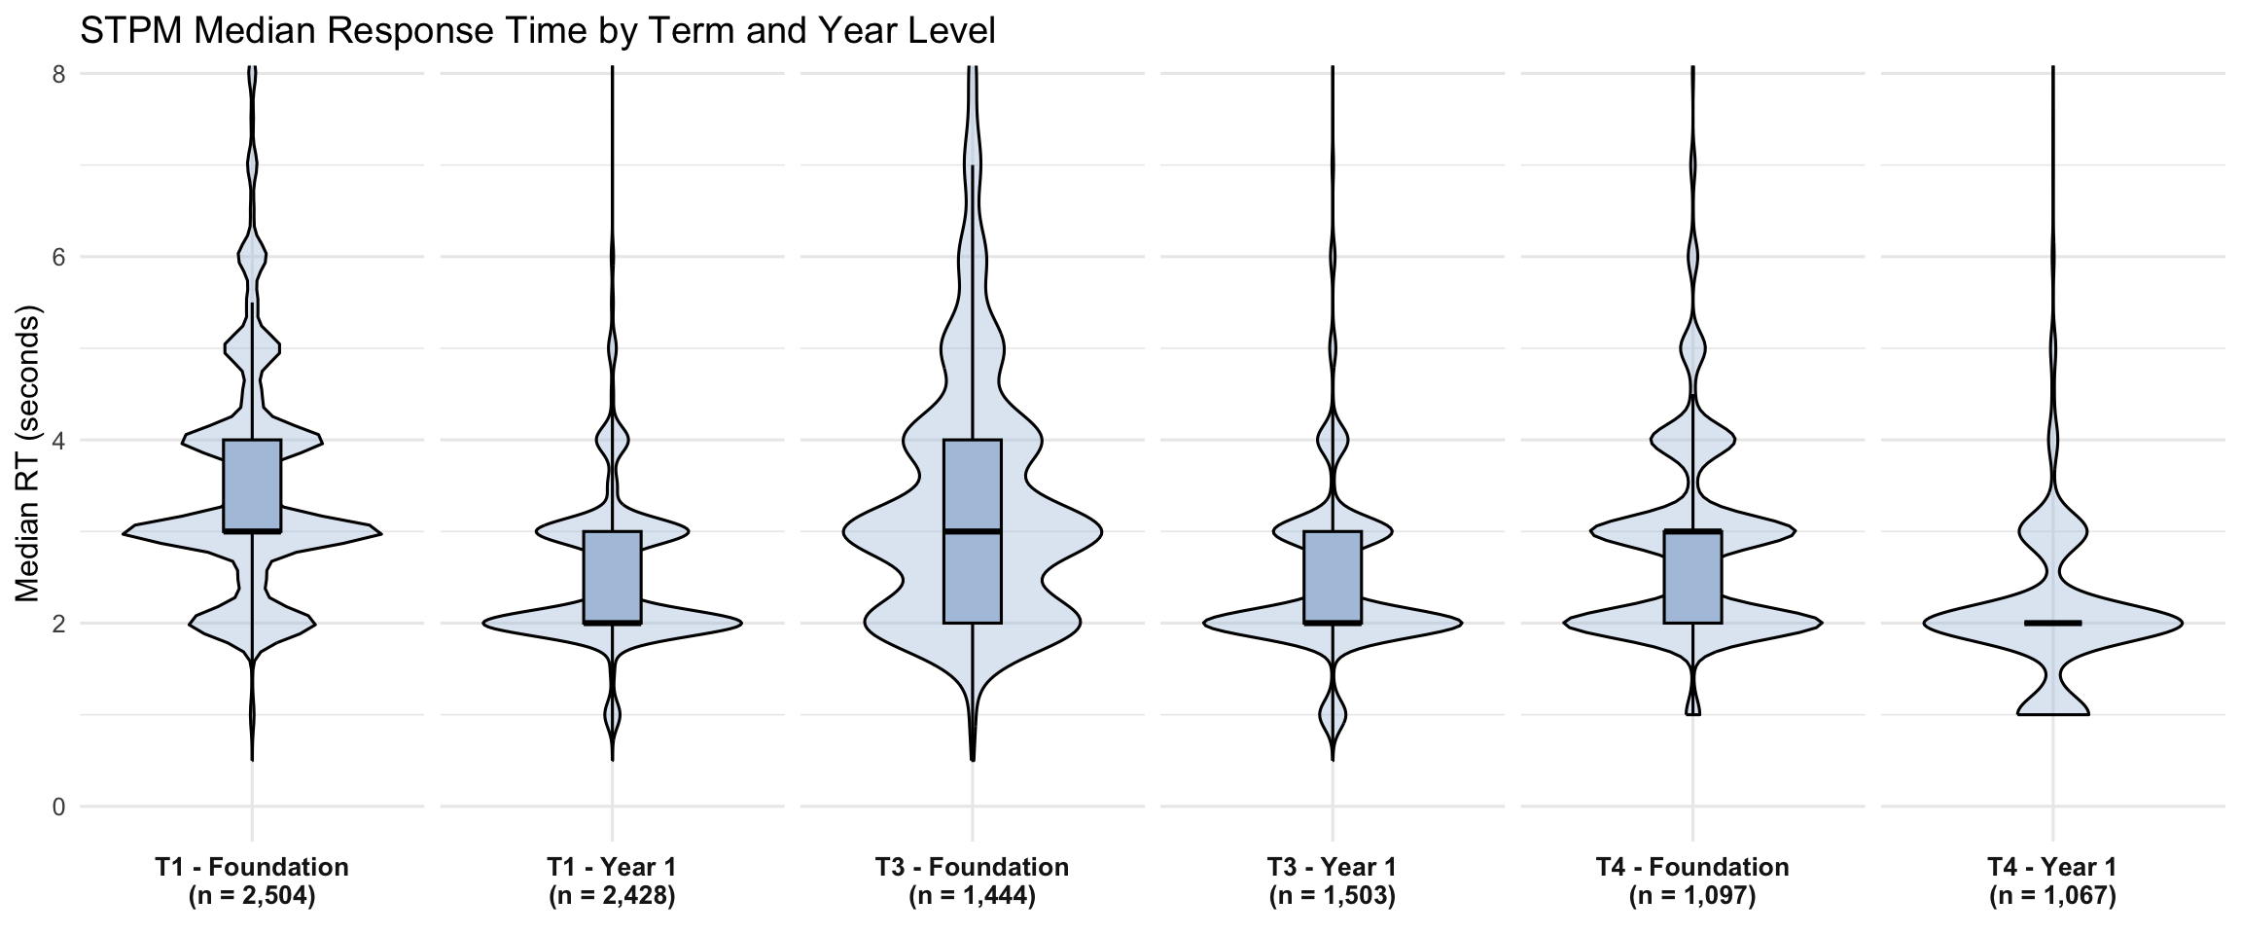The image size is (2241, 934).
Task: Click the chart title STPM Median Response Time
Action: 537,31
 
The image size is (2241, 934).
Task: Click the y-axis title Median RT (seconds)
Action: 29,457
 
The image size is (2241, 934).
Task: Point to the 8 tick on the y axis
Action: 57,74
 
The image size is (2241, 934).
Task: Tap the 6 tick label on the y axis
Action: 57,257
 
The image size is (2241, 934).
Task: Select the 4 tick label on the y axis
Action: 57,440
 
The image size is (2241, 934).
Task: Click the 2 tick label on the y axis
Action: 57,623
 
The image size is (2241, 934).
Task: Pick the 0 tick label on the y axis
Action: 57,807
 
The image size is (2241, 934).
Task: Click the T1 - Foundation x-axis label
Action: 252,867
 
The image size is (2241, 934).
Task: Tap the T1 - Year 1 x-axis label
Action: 612,867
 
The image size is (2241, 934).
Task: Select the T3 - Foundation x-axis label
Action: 972,867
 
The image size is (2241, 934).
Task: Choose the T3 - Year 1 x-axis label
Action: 1332,867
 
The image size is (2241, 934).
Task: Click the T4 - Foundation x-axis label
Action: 1692,867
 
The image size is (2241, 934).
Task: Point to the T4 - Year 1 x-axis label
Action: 2052,867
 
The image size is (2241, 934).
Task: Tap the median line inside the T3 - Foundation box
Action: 972,531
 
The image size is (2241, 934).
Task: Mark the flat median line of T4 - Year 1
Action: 2052,623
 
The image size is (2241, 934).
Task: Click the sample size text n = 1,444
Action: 972,896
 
